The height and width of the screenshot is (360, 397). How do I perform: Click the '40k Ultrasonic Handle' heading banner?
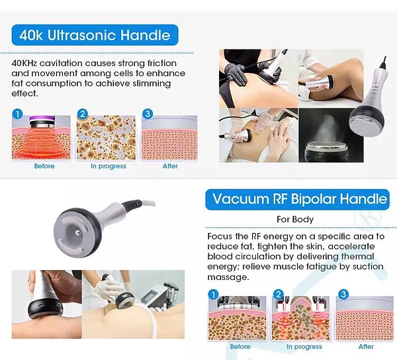pyautogui.click(x=95, y=35)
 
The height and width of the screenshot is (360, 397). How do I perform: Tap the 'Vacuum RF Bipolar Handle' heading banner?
pyautogui.click(x=298, y=199)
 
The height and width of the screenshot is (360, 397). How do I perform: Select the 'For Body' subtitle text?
pyautogui.click(x=295, y=219)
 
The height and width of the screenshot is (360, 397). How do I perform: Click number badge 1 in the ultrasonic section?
pyautogui.click(x=17, y=114)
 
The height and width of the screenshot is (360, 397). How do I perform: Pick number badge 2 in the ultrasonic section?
pyautogui.click(x=82, y=114)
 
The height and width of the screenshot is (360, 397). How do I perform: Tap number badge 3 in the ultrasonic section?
pyautogui.click(x=148, y=114)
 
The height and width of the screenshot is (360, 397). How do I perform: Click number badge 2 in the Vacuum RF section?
pyautogui.click(x=279, y=294)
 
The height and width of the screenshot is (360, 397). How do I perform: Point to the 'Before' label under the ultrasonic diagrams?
pyautogui.click(x=44, y=166)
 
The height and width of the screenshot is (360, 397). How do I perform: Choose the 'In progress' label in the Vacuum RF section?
pyautogui.click(x=304, y=347)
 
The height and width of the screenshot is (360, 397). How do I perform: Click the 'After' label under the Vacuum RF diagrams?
pyautogui.click(x=366, y=347)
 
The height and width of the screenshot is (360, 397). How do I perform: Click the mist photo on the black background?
pyautogui.click(x=331, y=135)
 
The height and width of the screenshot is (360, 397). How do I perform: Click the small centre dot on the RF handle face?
pyautogui.click(x=78, y=233)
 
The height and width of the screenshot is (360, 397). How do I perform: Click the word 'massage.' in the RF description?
pyautogui.click(x=228, y=277)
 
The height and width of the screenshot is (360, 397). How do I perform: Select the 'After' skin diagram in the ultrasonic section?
pyautogui.click(x=169, y=138)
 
